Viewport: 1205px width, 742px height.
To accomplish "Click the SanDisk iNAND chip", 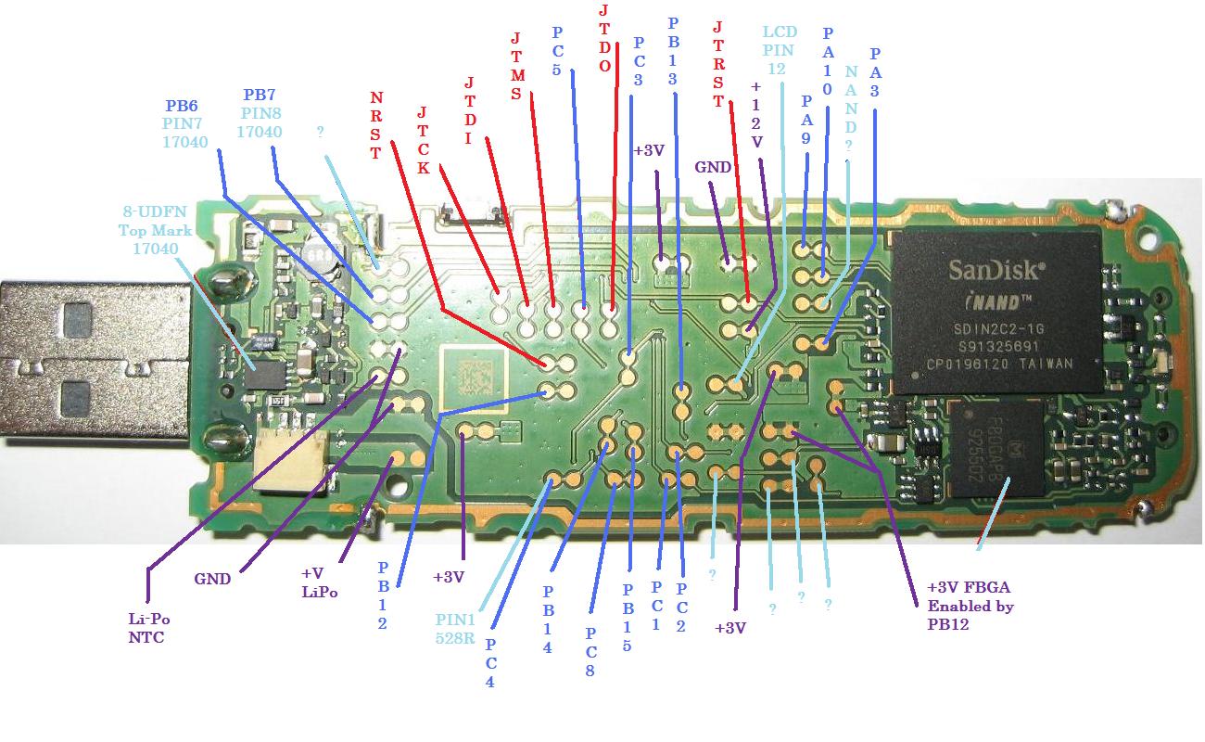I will pyautogui.click(x=996, y=313).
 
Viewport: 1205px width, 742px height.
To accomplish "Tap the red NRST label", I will pyautogui.click(x=375, y=125).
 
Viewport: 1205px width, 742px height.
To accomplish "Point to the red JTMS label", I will pyautogui.click(x=516, y=66).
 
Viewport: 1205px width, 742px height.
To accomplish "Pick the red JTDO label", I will pyautogui.click(x=604, y=37).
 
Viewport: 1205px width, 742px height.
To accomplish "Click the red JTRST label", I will pyautogui.click(x=718, y=65).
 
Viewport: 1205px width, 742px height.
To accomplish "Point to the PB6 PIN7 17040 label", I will pyautogui.click(x=186, y=123).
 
